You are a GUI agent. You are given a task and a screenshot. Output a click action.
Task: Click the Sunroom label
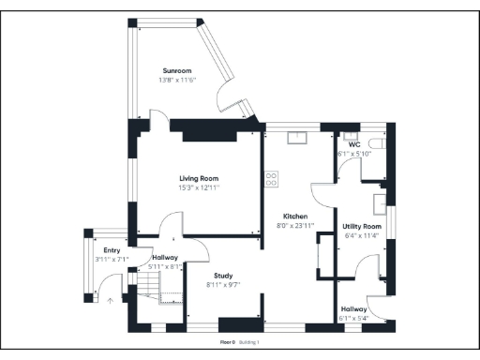176,71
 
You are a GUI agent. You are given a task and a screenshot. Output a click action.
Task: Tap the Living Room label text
199,177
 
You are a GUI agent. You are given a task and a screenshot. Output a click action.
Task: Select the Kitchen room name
295,216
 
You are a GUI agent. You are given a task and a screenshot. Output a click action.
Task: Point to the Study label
223,276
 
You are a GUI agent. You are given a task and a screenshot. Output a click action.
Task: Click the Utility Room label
361,227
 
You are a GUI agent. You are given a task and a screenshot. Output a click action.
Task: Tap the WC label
354,144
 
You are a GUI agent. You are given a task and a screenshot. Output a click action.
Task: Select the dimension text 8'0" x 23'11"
295,225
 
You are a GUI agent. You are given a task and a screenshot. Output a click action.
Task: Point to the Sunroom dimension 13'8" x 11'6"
176,81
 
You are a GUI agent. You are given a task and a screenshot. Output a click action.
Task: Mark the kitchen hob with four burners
272,177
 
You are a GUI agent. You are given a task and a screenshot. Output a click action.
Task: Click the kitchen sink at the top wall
296,137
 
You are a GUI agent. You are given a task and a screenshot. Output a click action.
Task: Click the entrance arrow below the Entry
110,301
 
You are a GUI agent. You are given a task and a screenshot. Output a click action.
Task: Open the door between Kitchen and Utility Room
321,187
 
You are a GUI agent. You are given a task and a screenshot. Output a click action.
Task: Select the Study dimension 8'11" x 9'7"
223,285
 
